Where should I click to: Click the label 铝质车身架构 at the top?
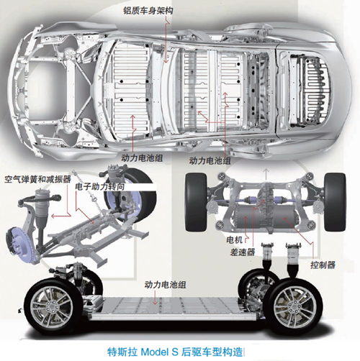(148, 11)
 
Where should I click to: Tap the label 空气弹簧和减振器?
(37, 179)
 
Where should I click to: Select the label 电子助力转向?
(100, 186)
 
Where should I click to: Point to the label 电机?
(234, 239)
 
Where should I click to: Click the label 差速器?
(243, 252)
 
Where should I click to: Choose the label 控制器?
(323, 265)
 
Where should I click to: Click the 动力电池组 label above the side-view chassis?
(165, 285)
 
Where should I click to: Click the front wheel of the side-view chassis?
(53, 307)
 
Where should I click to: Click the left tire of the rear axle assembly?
(196, 202)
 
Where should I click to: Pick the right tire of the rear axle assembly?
(335, 202)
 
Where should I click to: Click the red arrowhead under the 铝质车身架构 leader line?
(166, 61)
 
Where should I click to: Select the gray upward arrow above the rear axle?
(266, 174)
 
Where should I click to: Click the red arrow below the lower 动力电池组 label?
(155, 298)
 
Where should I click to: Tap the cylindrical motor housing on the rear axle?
(250, 218)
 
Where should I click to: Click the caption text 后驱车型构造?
(212, 352)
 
